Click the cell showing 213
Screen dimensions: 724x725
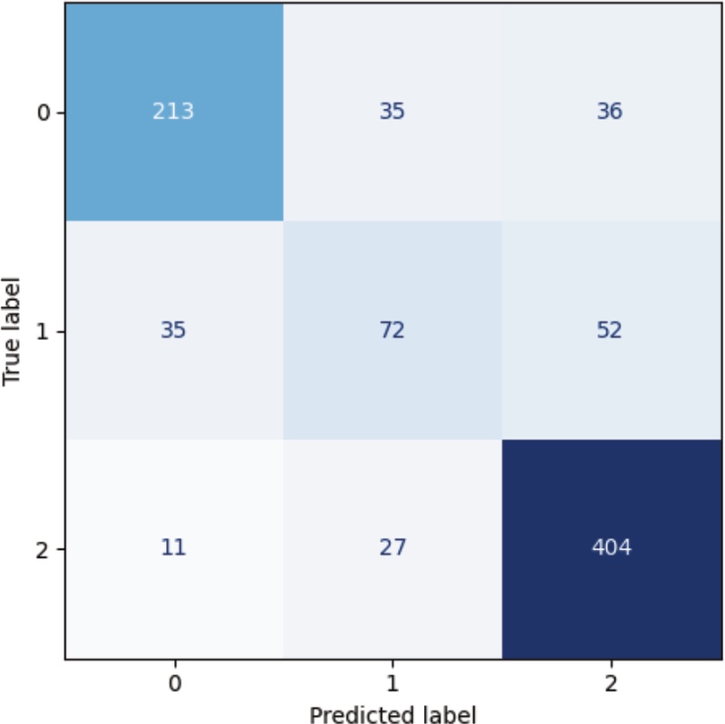(173, 112)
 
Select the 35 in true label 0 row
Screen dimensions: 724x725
(391, 112)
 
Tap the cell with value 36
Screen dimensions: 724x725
(610, 112)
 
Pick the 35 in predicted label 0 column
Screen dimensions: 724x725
(173, 331)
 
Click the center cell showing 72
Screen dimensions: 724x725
(391, 331)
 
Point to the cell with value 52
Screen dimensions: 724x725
(610, 331)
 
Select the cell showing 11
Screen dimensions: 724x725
(173, 549)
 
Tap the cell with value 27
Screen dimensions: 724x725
(391, 549)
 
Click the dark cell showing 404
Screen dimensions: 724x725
(610, 549)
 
